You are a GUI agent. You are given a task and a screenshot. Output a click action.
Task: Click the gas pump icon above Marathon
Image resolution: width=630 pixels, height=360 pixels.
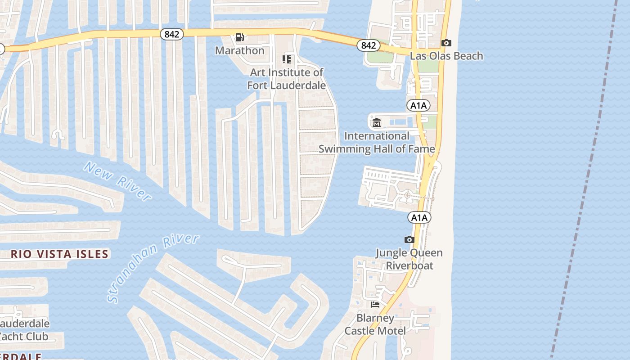(240, 37)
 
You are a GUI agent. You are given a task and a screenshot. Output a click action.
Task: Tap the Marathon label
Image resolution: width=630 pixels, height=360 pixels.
(240, 50)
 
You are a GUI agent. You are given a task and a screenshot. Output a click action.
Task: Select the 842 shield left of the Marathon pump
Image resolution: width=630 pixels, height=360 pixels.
(172, 34)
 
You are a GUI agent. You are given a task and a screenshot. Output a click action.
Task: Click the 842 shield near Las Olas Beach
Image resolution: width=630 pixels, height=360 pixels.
(368, 45)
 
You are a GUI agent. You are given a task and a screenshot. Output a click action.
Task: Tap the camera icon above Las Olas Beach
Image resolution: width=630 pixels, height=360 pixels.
(446, 43)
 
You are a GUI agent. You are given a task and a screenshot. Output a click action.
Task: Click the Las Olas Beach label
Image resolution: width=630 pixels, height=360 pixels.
(446, 56)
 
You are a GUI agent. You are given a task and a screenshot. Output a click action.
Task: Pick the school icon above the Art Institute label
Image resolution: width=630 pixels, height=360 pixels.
(287, 59)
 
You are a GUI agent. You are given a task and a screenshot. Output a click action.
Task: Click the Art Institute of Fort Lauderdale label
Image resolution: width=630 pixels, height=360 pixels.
(287, 79)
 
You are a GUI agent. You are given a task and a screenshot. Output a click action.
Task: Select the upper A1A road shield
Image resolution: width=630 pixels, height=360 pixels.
(418, 106)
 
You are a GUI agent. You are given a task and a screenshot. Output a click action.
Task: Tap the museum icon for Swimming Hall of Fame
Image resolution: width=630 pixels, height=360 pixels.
(377, 122)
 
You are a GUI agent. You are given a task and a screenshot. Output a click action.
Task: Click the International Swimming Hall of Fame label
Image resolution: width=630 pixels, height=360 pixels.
(377, 142)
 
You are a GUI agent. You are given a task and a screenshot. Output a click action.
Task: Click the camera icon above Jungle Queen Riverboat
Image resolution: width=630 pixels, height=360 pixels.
(409, 239)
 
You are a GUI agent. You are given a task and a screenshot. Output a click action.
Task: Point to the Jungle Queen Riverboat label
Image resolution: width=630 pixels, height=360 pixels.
(409, 259)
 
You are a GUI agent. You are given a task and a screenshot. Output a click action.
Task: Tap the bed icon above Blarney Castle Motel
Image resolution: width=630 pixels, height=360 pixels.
(375, 305)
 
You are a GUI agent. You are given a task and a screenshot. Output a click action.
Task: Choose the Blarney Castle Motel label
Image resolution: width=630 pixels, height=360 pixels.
(375, 324)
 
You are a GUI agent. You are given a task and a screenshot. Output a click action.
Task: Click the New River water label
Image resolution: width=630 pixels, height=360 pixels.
(117, 181)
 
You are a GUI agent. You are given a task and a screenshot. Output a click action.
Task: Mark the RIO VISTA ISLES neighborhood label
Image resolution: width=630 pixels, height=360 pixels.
(60, 254)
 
